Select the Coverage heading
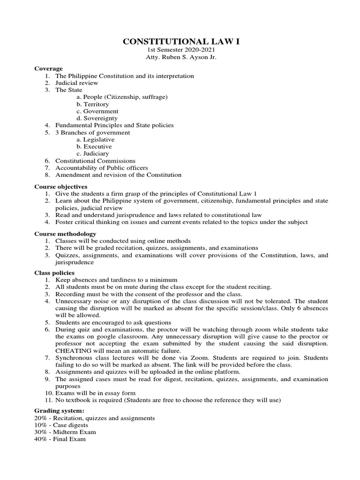pyautogui.click(x=48, y=68)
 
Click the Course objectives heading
pyautogui.click(x=60, y=186)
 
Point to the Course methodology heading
pyautogui.click(x=65, y=233)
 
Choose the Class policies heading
pyautogui.click(x=54, y=273)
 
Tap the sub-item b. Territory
pyautogui.click(x=92, y=104)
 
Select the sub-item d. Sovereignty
pyautogui.click(x=97, y=118)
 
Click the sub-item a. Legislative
pyautogui.click(x=96, y=139)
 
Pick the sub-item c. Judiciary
pyautogui.click(x=93, y=153)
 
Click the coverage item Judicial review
pyautogui.click(x=77, y=83)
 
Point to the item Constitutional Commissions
pyautogui.click(x=95, y=161)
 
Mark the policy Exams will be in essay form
pyautogui.click(x=96, y=393)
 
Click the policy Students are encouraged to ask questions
pyautogui.click(x=113, y=322)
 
